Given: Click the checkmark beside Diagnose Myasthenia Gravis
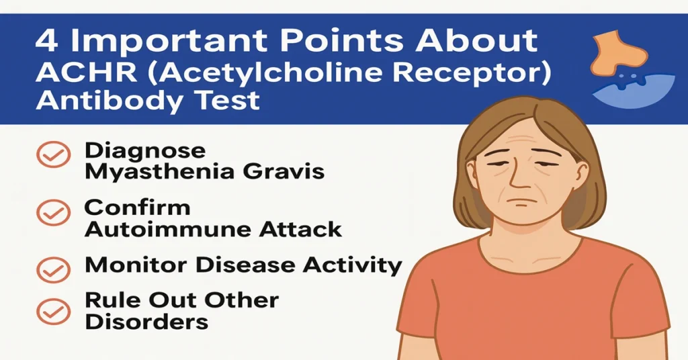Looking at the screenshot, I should click(52, 156).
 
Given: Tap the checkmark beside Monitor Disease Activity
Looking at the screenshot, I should click(52, 269).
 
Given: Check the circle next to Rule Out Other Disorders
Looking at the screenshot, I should click(52, 310).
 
